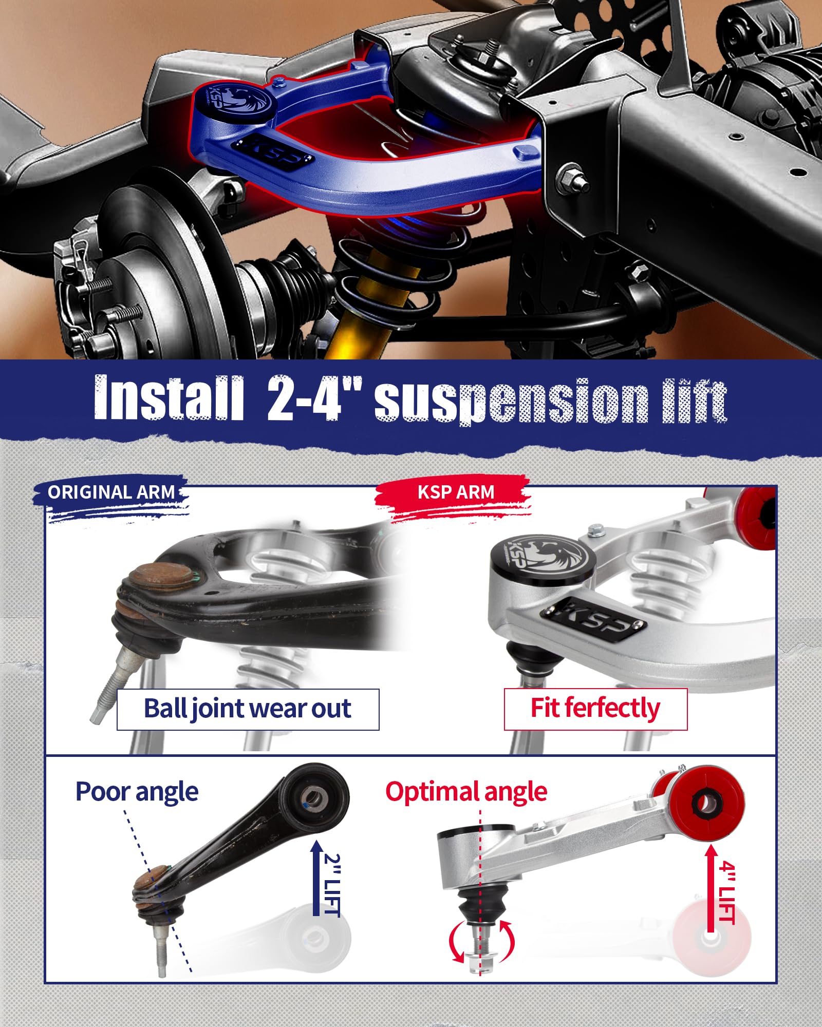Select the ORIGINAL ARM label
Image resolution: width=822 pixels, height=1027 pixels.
point(111,492)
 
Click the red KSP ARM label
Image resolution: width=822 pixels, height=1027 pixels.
point(455,492)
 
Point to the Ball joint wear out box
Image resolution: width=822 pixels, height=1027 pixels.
point(248,709)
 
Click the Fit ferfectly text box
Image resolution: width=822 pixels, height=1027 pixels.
point(595,709)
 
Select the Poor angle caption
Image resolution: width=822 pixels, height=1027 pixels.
point(137,792)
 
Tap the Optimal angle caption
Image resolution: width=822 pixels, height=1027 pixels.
point(466,792)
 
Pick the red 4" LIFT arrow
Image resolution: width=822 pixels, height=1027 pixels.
point(711,888)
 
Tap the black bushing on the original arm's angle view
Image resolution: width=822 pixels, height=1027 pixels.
point(314,797)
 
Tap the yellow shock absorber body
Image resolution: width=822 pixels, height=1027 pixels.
point(360,334)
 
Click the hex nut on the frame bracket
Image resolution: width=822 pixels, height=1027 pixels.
point(572,177)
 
